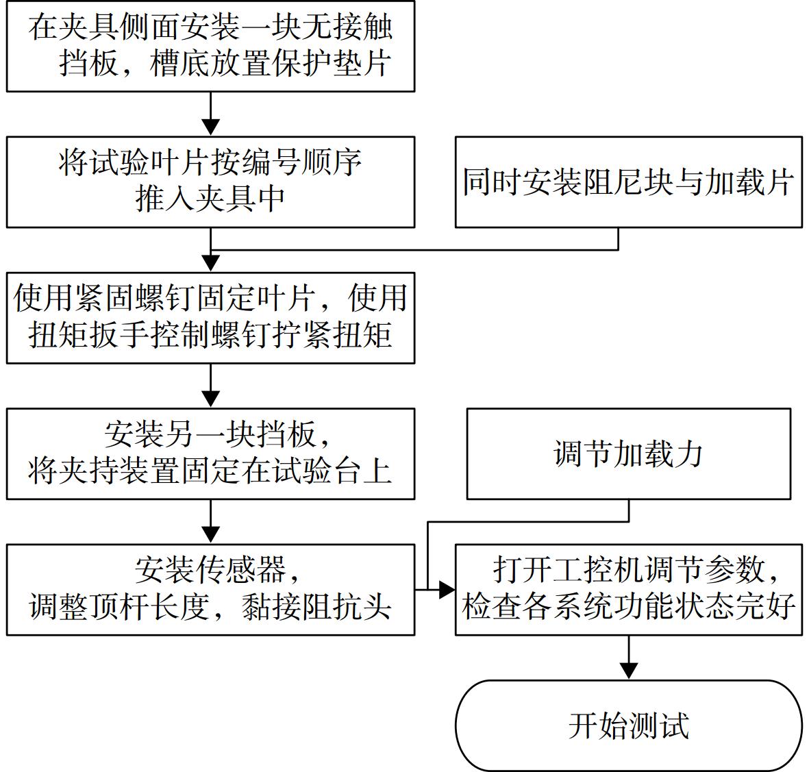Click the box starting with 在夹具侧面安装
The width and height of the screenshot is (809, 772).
(210, 47)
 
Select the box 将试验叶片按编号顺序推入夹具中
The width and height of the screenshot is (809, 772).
(210, 182)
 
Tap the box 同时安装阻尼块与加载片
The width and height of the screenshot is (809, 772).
(628, 182)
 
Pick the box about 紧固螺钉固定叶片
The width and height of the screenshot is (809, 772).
(210, 318)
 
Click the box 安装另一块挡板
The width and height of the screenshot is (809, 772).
(210, 454)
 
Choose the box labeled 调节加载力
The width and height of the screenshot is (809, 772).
(628, 454)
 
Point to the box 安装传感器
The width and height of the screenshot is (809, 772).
(210, 590)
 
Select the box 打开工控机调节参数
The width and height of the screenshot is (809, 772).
(628, 590)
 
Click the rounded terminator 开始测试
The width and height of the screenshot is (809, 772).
(628, 725)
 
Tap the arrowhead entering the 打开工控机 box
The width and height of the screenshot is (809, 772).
(447, 590)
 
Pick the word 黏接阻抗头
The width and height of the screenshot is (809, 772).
(316, 608)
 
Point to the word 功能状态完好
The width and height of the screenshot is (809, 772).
(704, 608)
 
